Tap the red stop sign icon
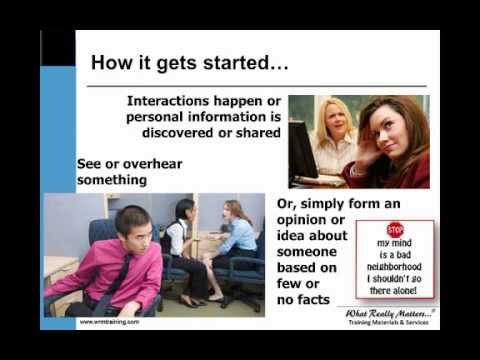click(395, 229)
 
